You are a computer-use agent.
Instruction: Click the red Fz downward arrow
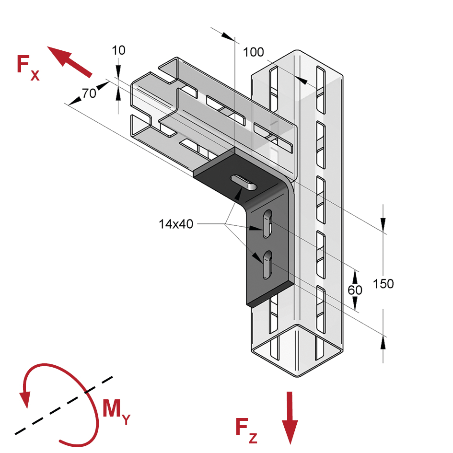point(290,417)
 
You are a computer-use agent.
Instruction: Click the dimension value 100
point(253,52)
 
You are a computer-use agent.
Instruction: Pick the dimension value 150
point(383,284)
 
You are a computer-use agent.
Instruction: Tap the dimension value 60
point(355,290)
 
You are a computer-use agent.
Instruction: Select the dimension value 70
point(89,93)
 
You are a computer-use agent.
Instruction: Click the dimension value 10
point(118,50)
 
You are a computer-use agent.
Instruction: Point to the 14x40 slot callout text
point(176,223)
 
